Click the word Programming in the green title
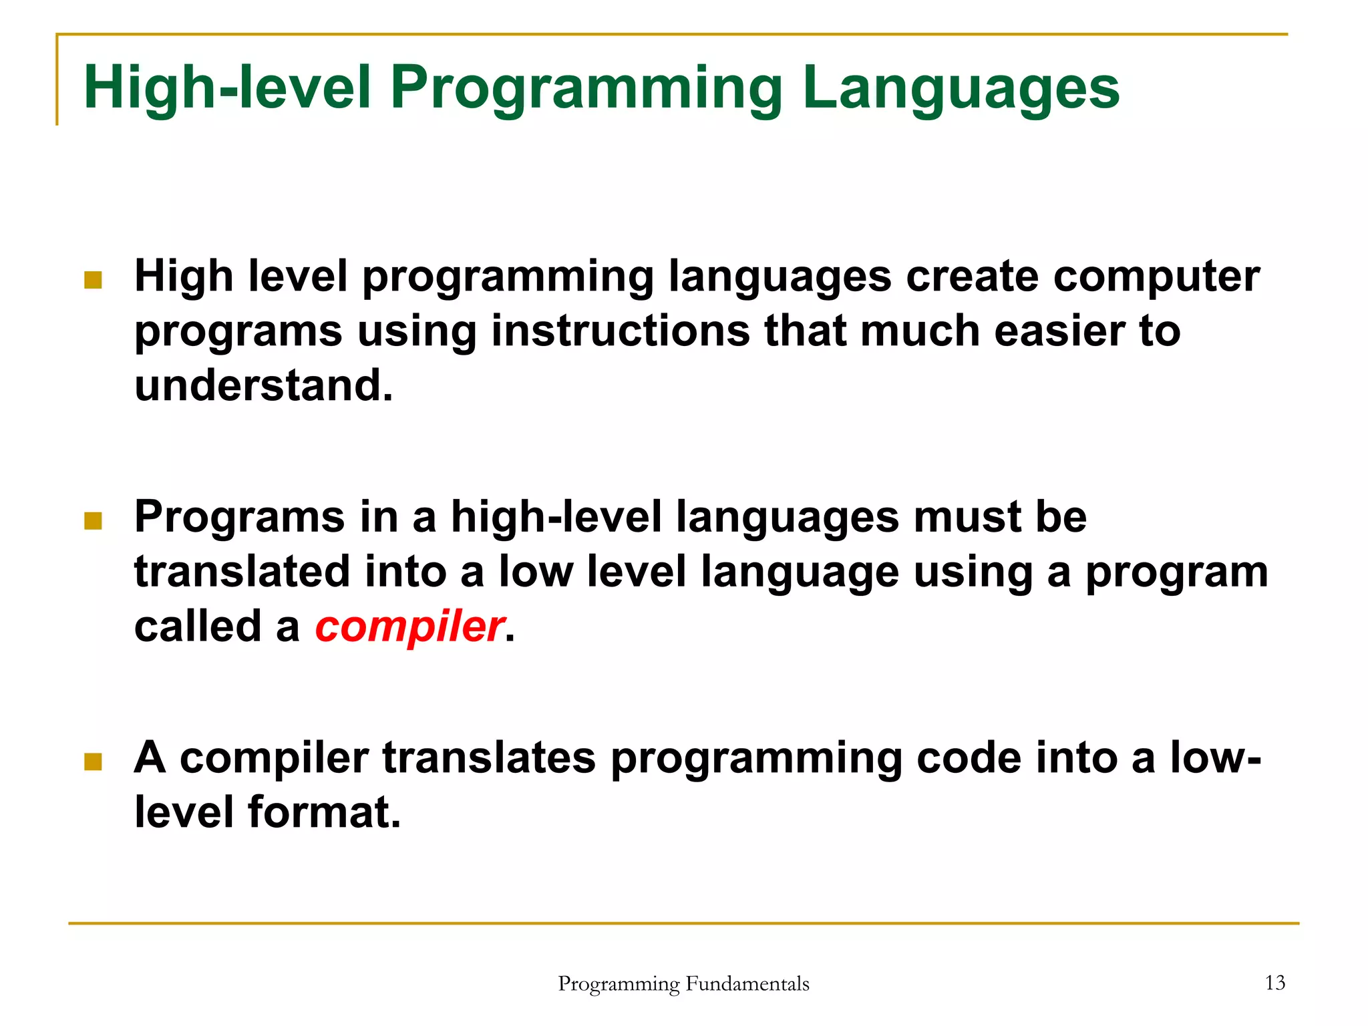(586, 89)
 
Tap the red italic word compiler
(409, 627)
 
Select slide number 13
(1274, 983)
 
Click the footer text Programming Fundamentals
(683, 983)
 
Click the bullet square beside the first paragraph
(93, 279)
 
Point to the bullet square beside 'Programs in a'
(93, 520)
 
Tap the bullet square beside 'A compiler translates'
(93, 761)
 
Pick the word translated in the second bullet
(242, 572)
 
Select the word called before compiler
(198, 627)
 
